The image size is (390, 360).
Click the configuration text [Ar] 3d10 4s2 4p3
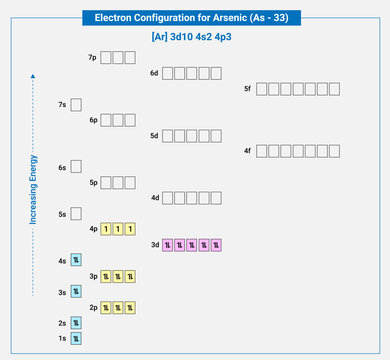coord(196,37)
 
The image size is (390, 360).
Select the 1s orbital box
coord(75,339)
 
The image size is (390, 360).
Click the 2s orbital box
coord(75,323)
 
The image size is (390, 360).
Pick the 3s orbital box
coord(75,292)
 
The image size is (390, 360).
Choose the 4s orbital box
coord(75,261)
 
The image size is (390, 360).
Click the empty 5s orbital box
coord(75,214)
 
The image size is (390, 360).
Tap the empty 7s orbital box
coord(75,104)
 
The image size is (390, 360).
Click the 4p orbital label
coord(93,229)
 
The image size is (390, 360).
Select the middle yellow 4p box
coord(117,229)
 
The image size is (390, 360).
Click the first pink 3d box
coord(168,244)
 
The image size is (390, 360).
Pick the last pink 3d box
coord(215,244)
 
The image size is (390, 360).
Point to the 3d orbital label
coord(154,244)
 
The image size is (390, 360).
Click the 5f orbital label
coord(247,89)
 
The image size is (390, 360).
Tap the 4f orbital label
coord(247,151)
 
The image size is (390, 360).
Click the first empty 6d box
coord(168,73)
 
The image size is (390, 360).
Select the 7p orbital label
coord(93,58)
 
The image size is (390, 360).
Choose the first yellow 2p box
coord(105,307)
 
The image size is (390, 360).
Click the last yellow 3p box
coord(129,276)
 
